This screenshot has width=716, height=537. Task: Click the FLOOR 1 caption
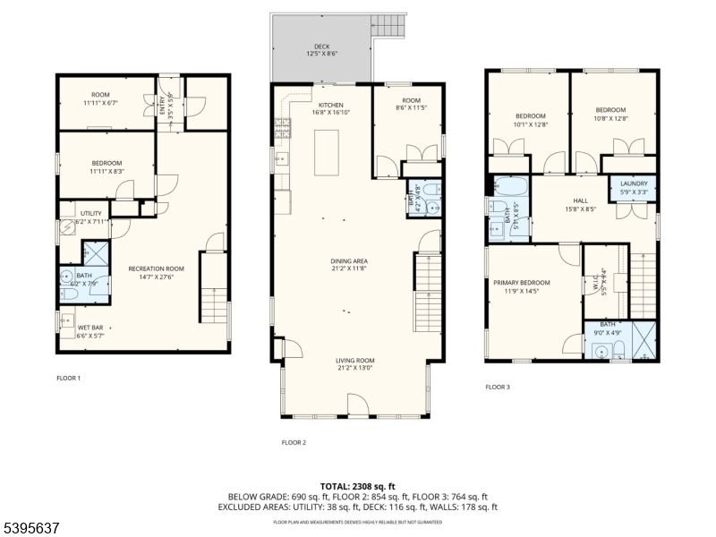pyautogui.click(x=68, y=379)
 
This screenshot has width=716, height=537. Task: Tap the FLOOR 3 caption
pyautogui.click(x=498, y=388)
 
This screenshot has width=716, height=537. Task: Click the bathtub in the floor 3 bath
pyautogui.click(x=509, y=187)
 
